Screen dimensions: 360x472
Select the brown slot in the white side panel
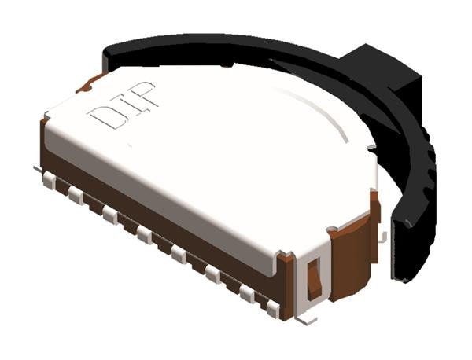point(314,275)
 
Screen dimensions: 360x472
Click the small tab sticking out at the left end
point(37,168)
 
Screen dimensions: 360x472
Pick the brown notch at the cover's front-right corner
point(285,256)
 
